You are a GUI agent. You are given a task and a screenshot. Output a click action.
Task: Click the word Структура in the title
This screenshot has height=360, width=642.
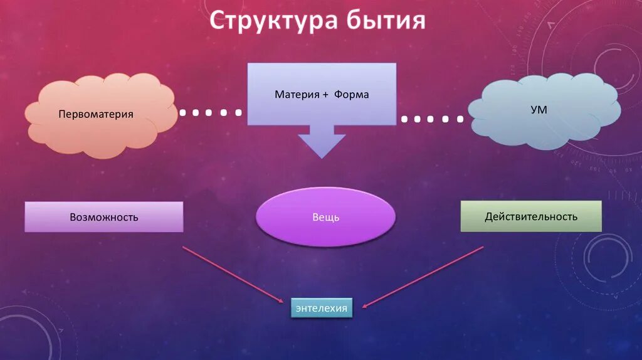pyautogui.click(x=273, y=21)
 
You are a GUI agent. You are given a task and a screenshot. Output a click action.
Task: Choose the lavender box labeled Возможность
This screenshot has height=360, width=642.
pyautogui.click(x=104, y=217)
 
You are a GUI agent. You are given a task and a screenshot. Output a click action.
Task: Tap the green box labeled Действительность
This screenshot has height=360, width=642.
pyautogui.click(x=531, y=216)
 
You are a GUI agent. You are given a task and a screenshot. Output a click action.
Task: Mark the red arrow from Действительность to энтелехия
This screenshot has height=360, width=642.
pyautogui.click(x=423, y=277)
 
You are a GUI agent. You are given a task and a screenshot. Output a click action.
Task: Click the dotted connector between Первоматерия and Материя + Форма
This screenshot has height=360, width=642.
pyautogui.click(x=211, y=113)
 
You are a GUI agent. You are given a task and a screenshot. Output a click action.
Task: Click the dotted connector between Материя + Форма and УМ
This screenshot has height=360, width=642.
pyautogui.click(x=433, y=119)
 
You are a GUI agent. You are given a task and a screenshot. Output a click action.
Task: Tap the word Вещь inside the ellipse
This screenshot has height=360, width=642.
pyautogui.click(x=326, y=218)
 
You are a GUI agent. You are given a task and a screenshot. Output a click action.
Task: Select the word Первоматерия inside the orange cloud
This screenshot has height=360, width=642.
pyautogui.click(x=96, y=115)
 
